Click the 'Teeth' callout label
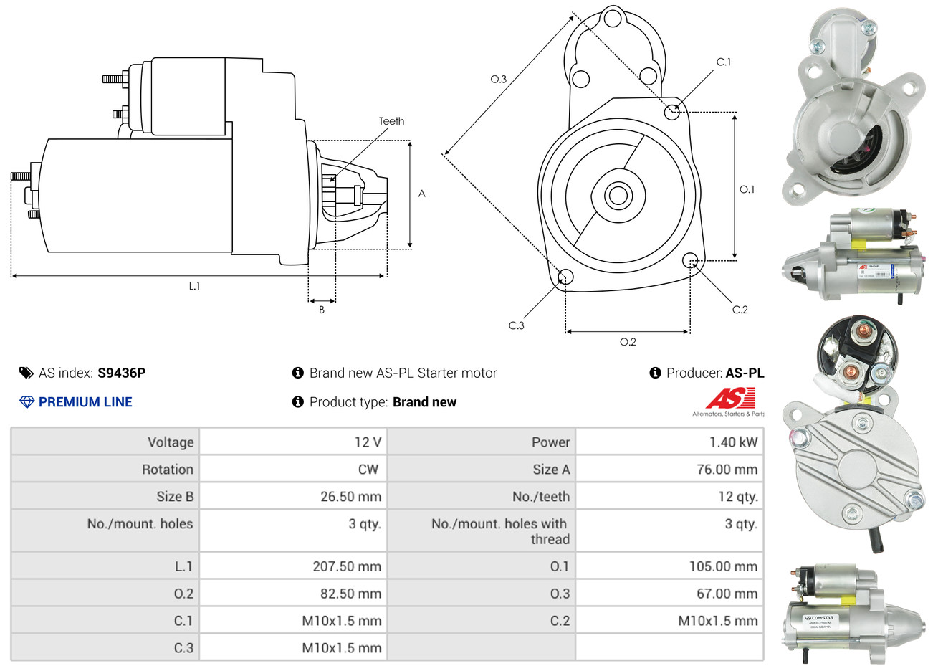pyautogui.click(x=391, y=121)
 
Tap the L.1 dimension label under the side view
pyautogui.click(x=194, y=286)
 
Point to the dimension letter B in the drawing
pyautogui.click(x=322, y=310)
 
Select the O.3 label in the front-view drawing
pyautogui.click(x=498, y=79)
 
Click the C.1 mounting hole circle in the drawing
pyautogui.click(x=672, y=112)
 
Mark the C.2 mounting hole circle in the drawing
pyautogui.click(x=690, y=260)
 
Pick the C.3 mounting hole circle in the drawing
pyautogui.click(x=565, y=277)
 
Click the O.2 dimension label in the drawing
pyautogui.click(x=628, y=342)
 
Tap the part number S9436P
pyautogui.click(x=121, y=373)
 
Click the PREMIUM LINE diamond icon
pyautogui.click(x=27, y=402)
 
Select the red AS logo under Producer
pyautogui.click(x=729, y=399)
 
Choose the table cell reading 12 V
pyautogui.click(x=368, y=442)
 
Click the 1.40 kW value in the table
pyautogui.click(x=733, y=442)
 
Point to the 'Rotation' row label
pyautogui.click(x=168, y=470)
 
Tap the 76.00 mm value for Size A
pyautogui.click(x=727, y=470)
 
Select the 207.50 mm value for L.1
pyautogui.click(x=347, y=566)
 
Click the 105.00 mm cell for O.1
pyautogui.click(x=723, y=566)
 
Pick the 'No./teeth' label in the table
pyautogui.click(x=541, y=497)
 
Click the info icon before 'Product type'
pyautogui.click(x=298, y=402)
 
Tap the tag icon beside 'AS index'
pyautogui.click(x=27, y=373)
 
